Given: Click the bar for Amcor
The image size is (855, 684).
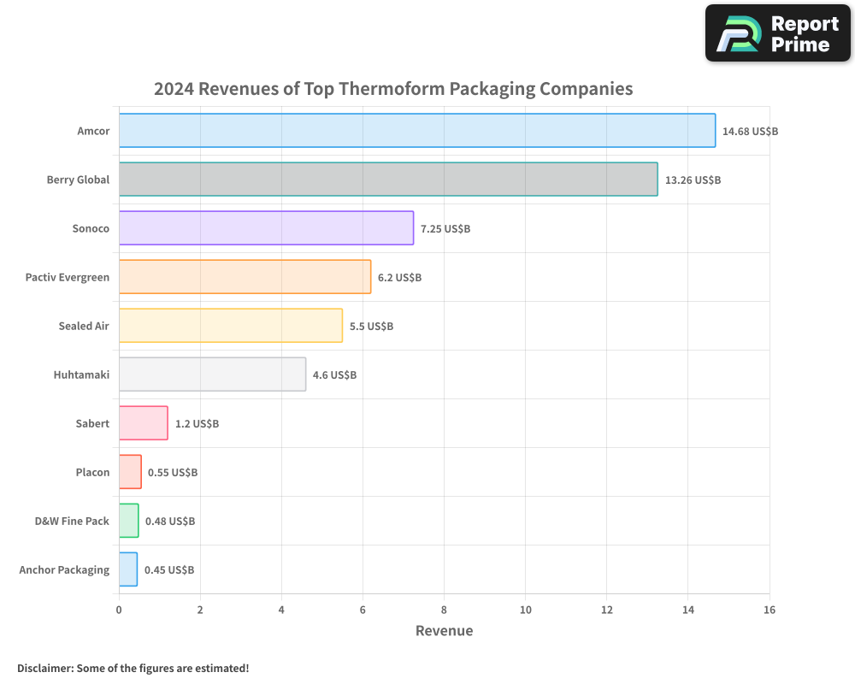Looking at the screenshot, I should [x=417, y=131].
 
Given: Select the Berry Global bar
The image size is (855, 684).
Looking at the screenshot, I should [x=388, y=180].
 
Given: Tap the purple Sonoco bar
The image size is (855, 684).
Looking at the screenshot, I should [x=266, y=228].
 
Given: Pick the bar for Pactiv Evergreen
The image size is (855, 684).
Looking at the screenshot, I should [x=245, y=277].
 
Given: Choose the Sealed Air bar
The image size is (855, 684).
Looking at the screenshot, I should [x=231, y=326].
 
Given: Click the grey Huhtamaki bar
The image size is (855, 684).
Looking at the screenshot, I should [x=212, y=374].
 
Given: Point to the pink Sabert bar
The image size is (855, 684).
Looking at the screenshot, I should [x=143, y=423].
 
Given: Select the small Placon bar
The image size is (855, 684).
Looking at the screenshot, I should [x=130, y=472].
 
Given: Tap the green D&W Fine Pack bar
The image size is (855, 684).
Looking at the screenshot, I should [x=128, y=521].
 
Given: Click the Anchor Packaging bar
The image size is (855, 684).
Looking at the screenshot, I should [x=127, y=569].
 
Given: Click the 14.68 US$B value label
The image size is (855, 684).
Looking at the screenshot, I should [x=750, y=132].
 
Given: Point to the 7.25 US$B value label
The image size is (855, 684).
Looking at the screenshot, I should [x=445, y=229].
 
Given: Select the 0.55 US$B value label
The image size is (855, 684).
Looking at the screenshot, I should [x=173, y=473].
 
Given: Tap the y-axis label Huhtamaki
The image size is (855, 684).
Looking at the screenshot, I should [x=81, y=374].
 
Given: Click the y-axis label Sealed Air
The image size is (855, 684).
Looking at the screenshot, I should [x=84, y=326].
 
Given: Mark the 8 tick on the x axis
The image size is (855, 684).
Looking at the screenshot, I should [x=444, y=610].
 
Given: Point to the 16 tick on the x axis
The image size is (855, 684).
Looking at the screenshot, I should [x=769, y=610].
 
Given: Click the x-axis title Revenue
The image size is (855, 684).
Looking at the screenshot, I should [x=444, y=631].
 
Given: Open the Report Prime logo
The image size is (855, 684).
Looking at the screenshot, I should [x=777, y=33].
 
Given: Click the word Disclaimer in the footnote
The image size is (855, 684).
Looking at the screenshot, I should [x=44, y=668].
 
